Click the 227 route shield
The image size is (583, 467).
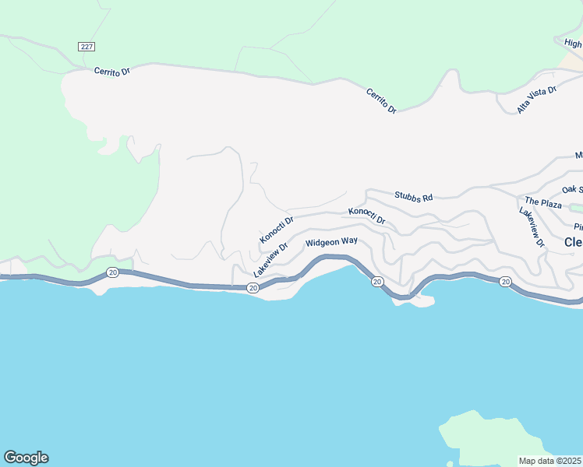click(87, 47)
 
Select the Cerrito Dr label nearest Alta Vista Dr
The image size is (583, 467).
click(382, 101)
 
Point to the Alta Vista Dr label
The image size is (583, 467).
click(537, 100)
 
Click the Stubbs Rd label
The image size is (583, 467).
click(413, 198)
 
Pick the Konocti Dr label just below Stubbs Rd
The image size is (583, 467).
click(366, 216)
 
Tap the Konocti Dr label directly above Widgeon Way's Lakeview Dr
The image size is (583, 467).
click(277, 229)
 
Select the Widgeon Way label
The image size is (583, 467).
click(331, 242)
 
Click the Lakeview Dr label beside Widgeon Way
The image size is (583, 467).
click(270, 259)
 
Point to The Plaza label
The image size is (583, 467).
click(543, 203)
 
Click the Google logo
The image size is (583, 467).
click(26, 458)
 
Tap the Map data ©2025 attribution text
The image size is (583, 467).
click(549, 461)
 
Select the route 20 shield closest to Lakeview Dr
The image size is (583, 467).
click(253, 288)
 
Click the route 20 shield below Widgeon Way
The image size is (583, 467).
click(376, 281)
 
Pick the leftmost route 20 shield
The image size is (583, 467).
click(112, 272)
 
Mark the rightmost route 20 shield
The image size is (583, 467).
click(505, 281)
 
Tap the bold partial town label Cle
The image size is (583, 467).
click(573, 242)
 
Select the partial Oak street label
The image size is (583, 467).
click(572, 189)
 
